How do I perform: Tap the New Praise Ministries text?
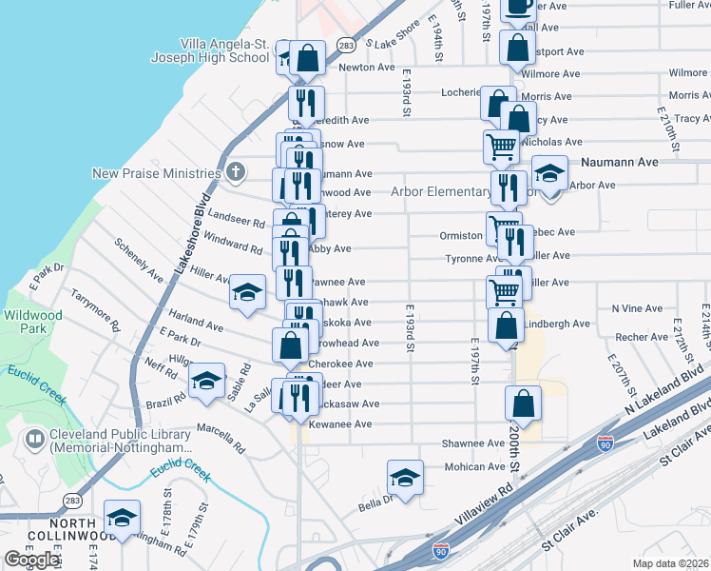point(157,173)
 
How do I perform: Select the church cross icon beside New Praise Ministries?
point(236,172)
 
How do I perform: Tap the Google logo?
point(31,560)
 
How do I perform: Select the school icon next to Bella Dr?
point(405,478)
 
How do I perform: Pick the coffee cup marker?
point(518,7)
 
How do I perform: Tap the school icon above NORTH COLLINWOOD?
point(122,518)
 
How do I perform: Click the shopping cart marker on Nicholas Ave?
point(501,147)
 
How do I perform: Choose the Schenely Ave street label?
point(139,259)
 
